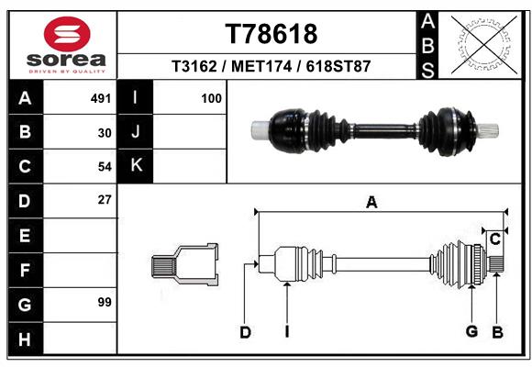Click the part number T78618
coord(272,34)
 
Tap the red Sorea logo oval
coord(67,34)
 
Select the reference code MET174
coord(261,66)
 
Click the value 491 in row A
coord(101,98)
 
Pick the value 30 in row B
coord(105,133)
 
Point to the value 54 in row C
coord(105,167)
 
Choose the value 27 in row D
coord(105,200)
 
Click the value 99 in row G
coord(105,302)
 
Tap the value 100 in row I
coord(211,98)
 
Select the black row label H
coord(25,339)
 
